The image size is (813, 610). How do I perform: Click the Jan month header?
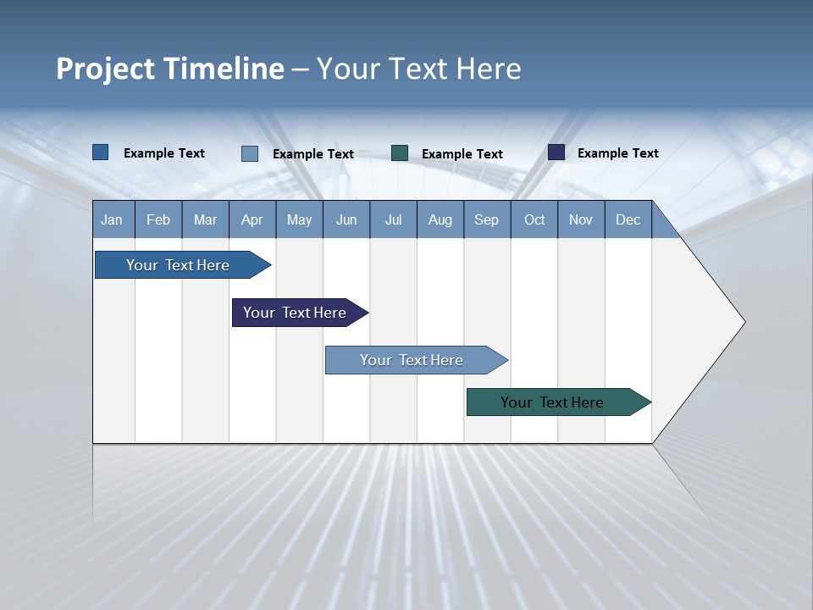(x=112, y=219)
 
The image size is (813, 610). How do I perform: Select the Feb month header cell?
(x=158, y=219)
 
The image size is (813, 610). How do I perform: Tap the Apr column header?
(x=252, y=219)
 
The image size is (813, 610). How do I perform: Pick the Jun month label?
(x=346, y=219)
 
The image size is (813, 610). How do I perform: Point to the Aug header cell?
(x=440, y=219)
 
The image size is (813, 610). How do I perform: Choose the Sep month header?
(x=486, y=219)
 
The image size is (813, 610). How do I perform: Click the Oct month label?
(x=534, y=219)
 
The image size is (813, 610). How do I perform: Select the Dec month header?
(x=628, y=219)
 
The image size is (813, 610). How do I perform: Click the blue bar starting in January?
(x=178, y=265)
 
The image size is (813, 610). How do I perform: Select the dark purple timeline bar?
(x=295, y=313)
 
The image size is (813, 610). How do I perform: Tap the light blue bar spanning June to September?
(x=412, y=360)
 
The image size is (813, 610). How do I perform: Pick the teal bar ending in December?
(x=552, y=402)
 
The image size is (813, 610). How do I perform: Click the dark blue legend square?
(x=101, y=152)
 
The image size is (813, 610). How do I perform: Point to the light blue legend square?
(x=250, y=153)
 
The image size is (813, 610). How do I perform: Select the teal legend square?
(x=400, y=153)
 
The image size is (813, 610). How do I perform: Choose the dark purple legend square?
(x=556, y=152)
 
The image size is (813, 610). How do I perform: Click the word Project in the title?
(x=106, y=69)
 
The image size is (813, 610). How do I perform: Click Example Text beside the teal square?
(x=462, y=154)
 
